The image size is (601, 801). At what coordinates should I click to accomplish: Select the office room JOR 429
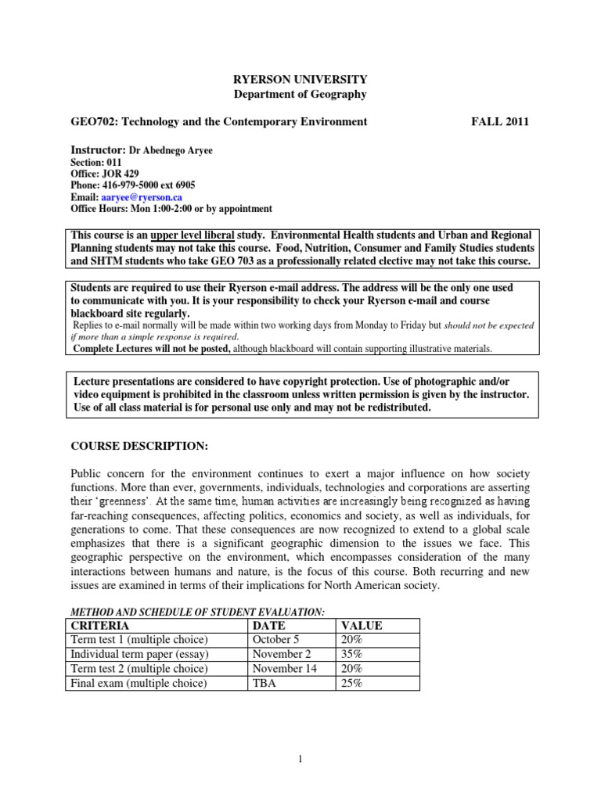[119, 174]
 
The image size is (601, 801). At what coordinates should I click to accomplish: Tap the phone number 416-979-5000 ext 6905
[146, 185]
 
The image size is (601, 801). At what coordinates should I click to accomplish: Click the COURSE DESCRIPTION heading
[139, 446]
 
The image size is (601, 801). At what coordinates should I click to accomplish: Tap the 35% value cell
[351, 654]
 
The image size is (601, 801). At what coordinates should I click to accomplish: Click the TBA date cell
[265, 684]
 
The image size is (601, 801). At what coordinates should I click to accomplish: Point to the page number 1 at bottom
[300, 758]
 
